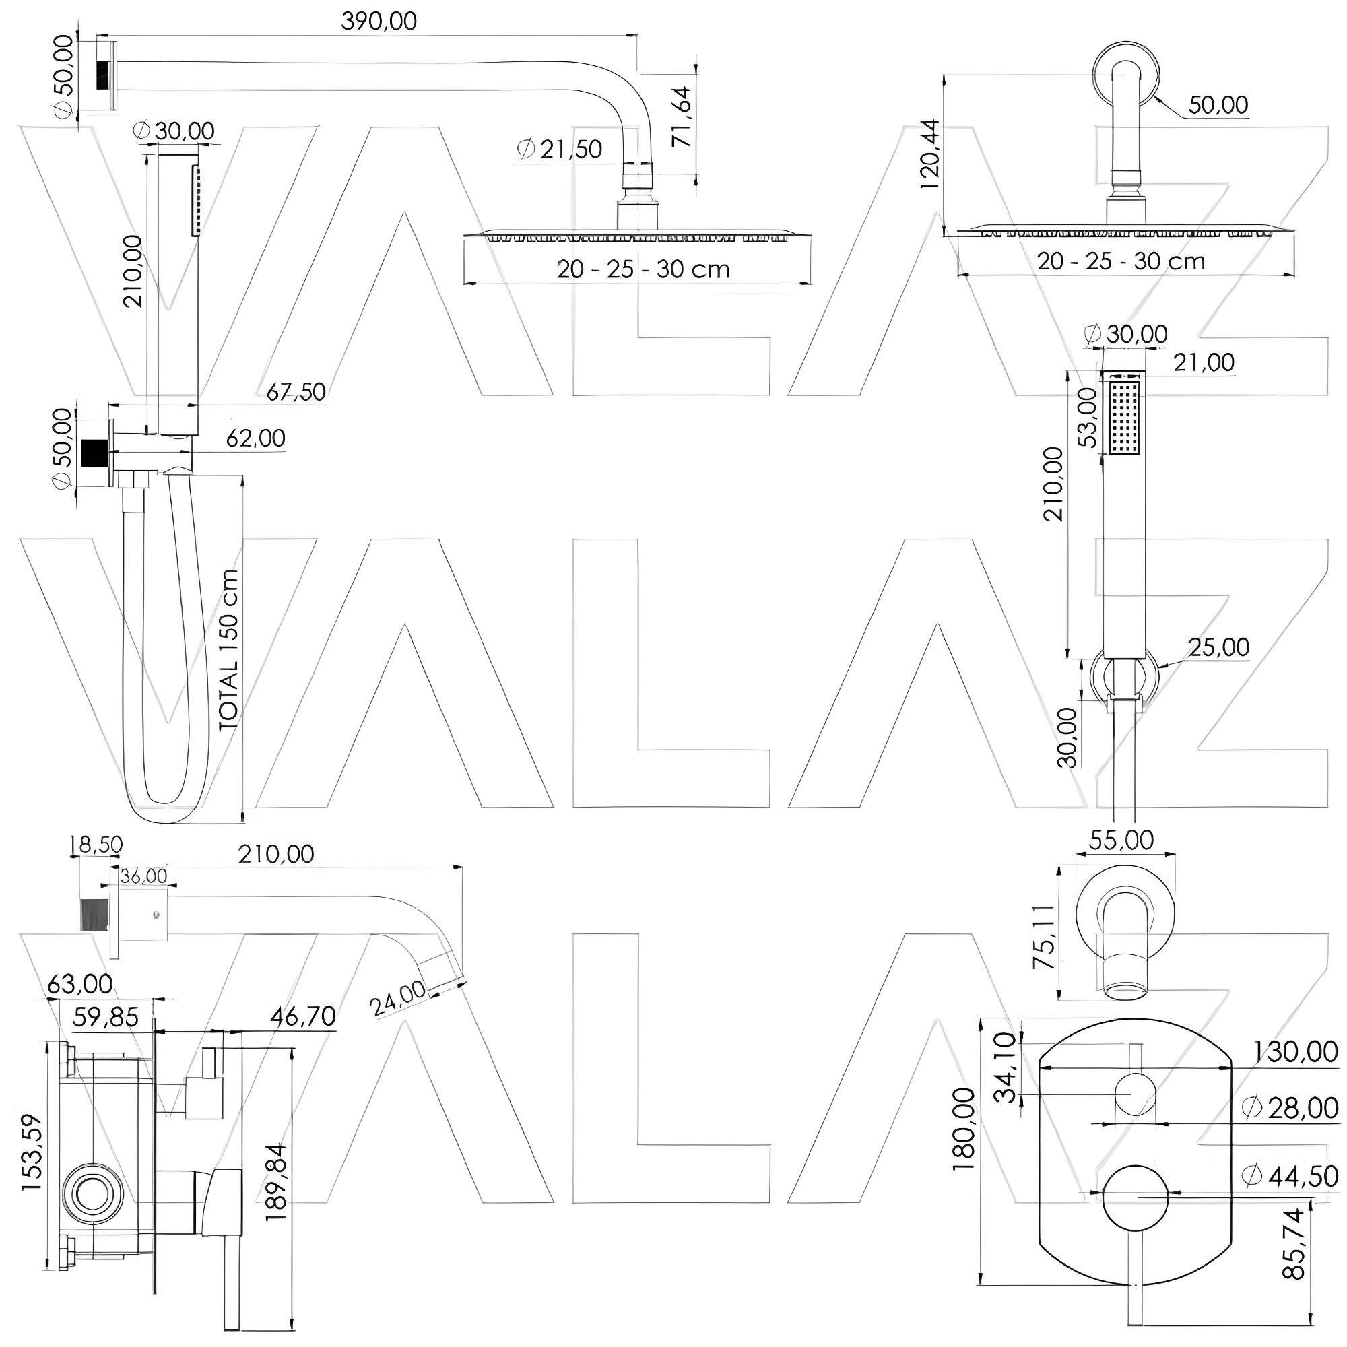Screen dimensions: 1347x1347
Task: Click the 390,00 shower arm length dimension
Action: coord(379,21)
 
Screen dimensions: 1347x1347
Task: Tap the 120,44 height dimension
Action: coord(930,155)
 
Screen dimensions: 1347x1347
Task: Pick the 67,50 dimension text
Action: coord(296,392)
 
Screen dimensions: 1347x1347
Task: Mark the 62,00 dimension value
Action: coord(256,438)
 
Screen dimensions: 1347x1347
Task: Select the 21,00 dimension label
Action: coord(1204,362)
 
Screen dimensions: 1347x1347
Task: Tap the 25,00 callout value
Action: coord(1219,647)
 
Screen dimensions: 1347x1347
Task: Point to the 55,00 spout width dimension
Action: coord(1122,839)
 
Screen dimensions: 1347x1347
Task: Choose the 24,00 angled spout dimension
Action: coord(398,997)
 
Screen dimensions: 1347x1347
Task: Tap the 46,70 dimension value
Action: coord(304,1017)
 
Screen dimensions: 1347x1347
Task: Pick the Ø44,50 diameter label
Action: coord(1290,1176)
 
